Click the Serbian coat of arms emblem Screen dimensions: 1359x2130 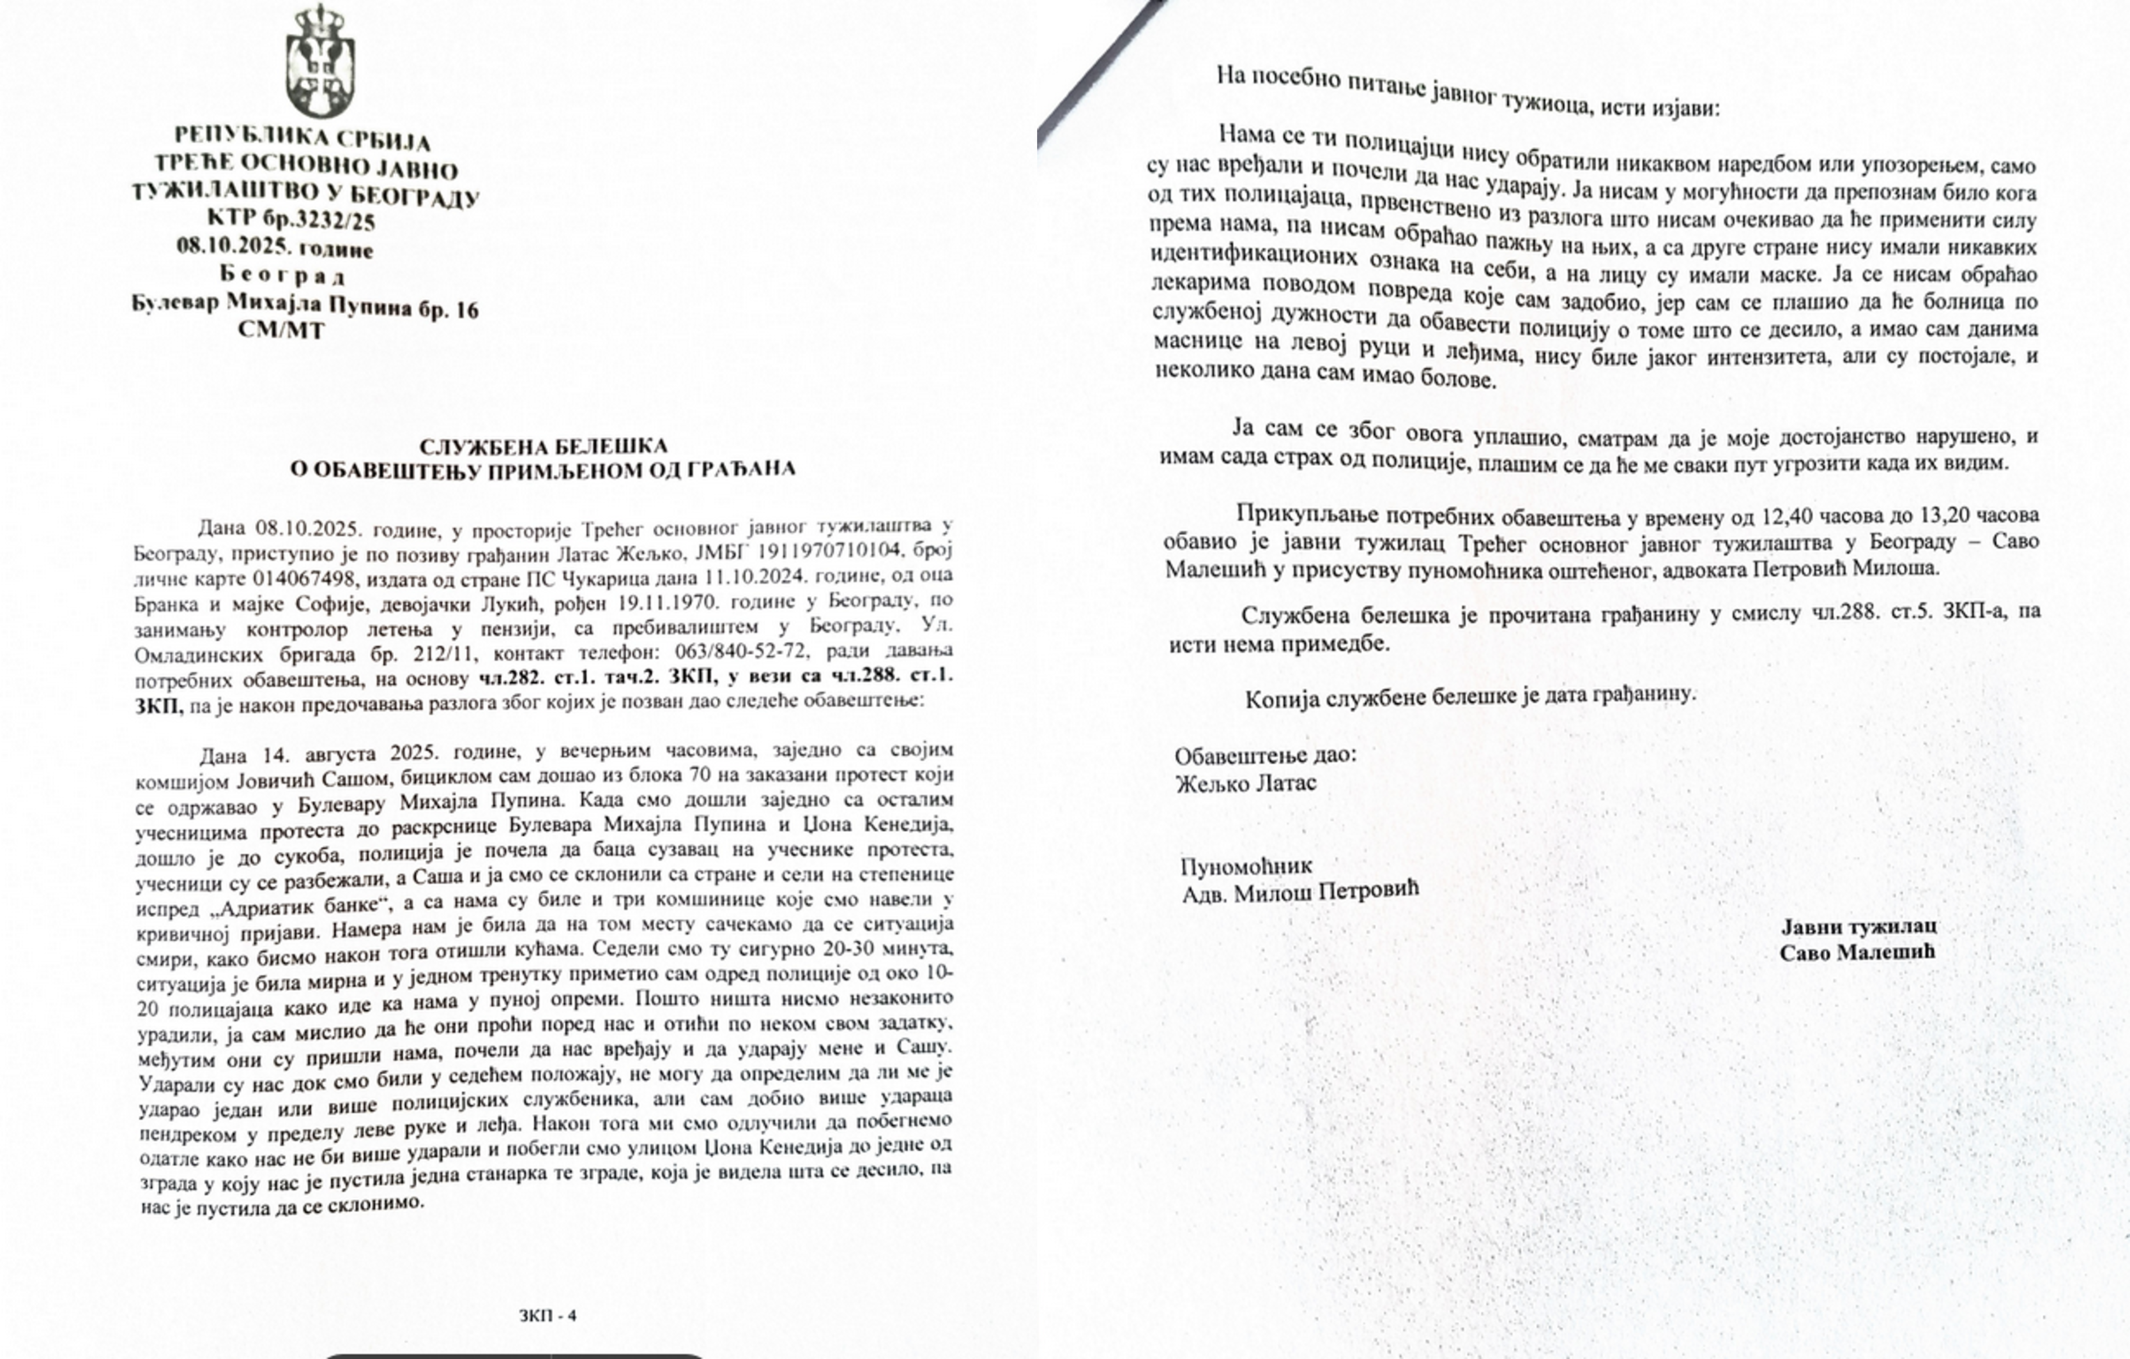point(320,60)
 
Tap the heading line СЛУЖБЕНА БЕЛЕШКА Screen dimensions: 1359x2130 point(543,446)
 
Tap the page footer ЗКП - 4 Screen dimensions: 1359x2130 point(548,1316)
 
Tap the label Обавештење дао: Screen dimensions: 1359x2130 point(1265,756)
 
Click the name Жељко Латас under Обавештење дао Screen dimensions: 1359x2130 point(1246,783)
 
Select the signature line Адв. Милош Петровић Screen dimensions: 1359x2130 point(1301,892)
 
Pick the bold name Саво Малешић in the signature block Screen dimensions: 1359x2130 point(1857,952)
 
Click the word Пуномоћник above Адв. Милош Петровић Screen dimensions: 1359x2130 point(1246,866)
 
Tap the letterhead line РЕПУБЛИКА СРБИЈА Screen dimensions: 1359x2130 point(302,139)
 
